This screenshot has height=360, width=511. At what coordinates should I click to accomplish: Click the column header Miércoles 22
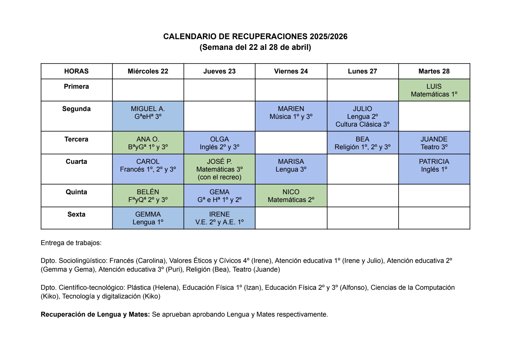(x=148, y=71)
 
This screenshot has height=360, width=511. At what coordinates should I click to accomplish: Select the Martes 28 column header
(x=434, y=71)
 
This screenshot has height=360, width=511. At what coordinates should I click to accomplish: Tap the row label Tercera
(x=76, y=139)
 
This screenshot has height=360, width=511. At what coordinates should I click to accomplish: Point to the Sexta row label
(x=76, y=214)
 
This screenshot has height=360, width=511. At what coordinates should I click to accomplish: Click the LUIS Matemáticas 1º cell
(x=434, y=90)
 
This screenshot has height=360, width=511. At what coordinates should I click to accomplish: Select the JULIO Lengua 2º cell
(x=362, y=116)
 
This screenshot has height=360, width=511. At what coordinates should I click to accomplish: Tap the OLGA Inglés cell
(x=220, y=143)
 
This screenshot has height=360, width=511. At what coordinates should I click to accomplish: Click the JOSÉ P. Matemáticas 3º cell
(x=220, y=169)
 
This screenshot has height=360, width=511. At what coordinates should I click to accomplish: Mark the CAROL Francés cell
(x=148, y=169)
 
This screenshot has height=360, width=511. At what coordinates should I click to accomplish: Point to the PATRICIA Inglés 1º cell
(x=434, y=169)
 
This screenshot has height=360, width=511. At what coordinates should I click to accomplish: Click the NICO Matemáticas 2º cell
(x=291, y=196)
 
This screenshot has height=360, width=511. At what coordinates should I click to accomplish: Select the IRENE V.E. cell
(x=220, y=218)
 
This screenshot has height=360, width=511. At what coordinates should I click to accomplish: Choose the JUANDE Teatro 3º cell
(x=434, y=143)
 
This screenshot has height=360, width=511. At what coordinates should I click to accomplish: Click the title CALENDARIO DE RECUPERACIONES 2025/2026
(x=255, y=37)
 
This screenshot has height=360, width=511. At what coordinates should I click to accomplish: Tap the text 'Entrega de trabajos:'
(x=71, y=243)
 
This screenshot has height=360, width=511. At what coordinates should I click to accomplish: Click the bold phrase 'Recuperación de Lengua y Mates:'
(x=95, y=314)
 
